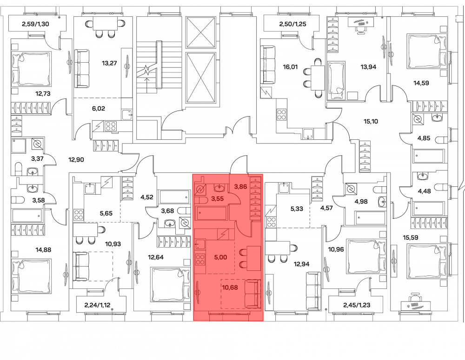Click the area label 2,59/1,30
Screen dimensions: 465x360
click(x=35, y=24)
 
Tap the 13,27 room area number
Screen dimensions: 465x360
click(x=109, y=63)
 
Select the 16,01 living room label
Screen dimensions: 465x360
click(x=290, y=67)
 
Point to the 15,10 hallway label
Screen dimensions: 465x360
click(x=371, y=121)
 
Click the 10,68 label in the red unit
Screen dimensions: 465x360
click(x=230, y=287)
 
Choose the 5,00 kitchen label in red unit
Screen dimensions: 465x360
click(x=220, y=257)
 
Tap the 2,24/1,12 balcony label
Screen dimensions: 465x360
click(x=98, y=305)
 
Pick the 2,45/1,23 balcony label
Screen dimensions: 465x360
click(x=357, y=305)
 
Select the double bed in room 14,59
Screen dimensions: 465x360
click(x=427, y=52)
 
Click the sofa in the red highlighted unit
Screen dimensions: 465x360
click(x=252, y=294)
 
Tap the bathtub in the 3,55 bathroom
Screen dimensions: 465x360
click(x=212, y=213)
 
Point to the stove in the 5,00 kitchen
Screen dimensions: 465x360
click(x=200, y=259)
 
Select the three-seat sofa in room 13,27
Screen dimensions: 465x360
click(x=81, y=68)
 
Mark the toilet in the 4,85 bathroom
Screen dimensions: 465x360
click(x=444, y=139)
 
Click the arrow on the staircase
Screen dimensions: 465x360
click(x=146, y=84)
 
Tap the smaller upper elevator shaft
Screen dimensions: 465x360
click(x=200, y=33)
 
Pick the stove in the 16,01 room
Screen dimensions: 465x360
click(x=281, y=114)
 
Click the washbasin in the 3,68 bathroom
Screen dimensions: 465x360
click(x=170, y=223)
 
